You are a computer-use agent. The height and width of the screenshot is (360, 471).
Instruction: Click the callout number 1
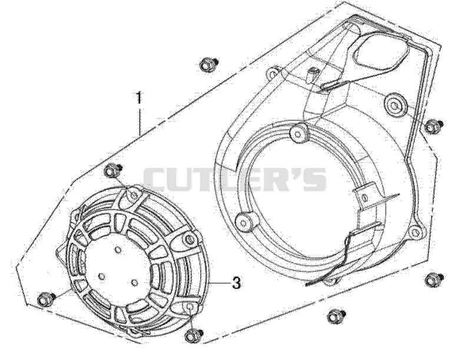[x=138, y=98]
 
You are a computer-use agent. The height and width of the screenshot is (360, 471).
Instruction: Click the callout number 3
[x=237, y=282]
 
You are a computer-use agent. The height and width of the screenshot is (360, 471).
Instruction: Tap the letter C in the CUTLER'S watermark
[x=157, y=179]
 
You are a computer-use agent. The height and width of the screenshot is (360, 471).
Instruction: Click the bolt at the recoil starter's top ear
[x=112, y=171]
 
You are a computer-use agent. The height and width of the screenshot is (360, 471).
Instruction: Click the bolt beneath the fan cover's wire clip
[x=336, y=316]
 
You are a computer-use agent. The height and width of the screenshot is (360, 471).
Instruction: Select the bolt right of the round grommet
[x=433, y=125]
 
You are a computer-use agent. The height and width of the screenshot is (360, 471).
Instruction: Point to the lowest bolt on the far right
[x=434, y=280]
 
